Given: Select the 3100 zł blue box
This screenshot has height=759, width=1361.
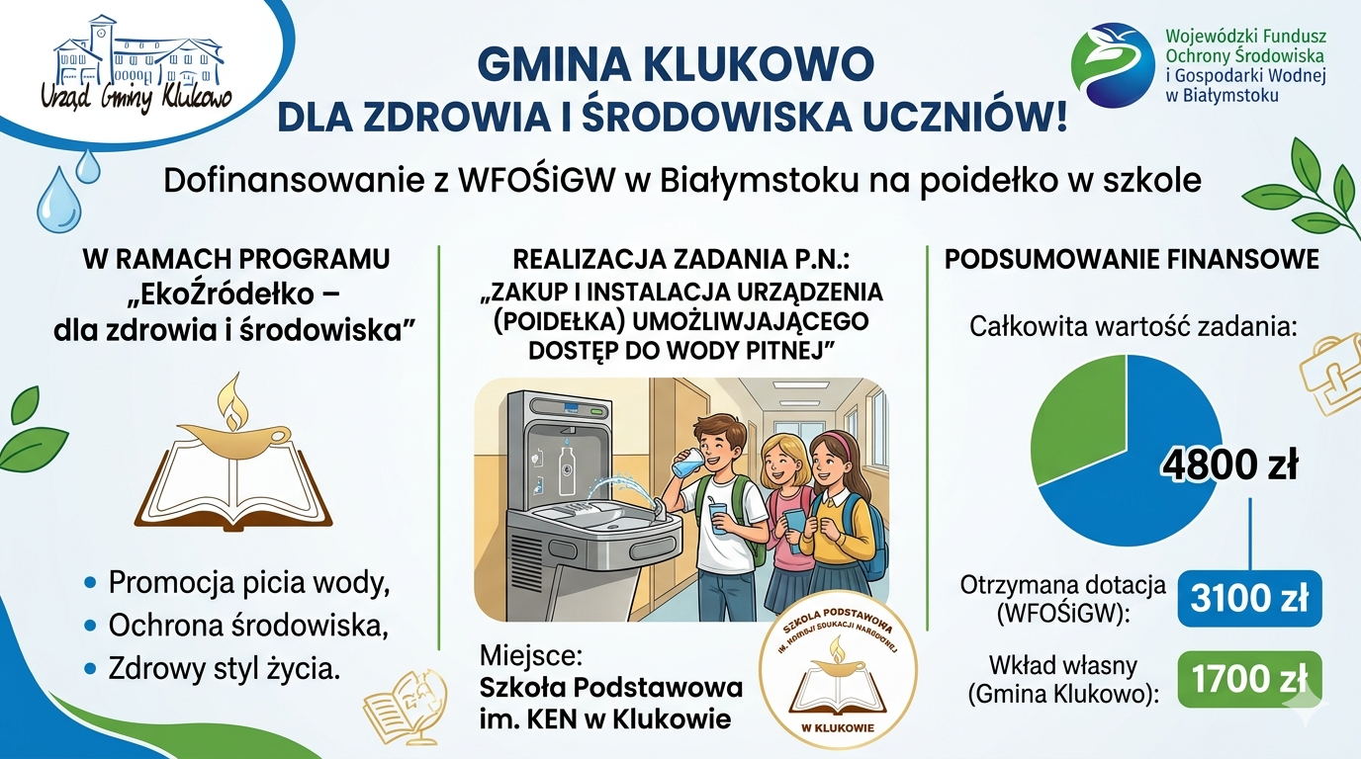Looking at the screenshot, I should [1249, 598].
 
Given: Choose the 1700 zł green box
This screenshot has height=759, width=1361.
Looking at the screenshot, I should [1249, 680].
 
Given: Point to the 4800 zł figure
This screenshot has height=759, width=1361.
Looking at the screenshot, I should [1229, 464].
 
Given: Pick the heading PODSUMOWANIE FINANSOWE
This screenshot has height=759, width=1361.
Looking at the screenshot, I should [1132, 259].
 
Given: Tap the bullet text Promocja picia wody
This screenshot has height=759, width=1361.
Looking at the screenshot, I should [248, 583].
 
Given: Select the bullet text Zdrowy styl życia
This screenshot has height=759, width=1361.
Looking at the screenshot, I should [225, 668].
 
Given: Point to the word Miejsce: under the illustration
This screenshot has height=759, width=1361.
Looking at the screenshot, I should [528, 654].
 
